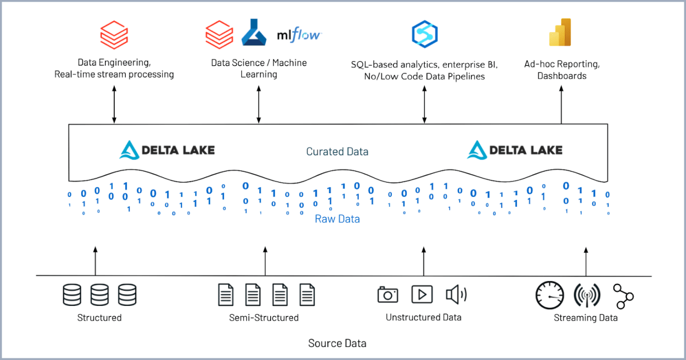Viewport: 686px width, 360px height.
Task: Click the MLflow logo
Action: click(x=299, y=36)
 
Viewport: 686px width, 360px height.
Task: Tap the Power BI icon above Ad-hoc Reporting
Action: click(x=560, y=32)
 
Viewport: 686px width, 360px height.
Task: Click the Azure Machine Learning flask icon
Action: click(x=254, y=33)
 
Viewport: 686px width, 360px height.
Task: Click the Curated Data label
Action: click(x=337, y=152)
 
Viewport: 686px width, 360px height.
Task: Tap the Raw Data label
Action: click(x=337, y=219)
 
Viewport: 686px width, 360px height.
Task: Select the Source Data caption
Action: click(x=337, y=344)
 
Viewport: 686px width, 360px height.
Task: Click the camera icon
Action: click(x=388, y=294)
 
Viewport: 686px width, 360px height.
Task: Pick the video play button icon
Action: click(x=422, y=294)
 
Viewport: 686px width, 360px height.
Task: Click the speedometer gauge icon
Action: click(x=549, y=295)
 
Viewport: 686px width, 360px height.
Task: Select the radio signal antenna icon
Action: click(x=586, y=295)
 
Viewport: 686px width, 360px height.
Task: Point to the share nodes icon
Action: click(x=624, y=296)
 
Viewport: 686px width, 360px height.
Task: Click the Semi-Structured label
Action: click(x=264, y=317)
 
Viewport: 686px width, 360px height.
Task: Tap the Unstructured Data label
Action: click(x=424, y=317)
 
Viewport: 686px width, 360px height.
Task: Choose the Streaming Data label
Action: click(x=586, y=317)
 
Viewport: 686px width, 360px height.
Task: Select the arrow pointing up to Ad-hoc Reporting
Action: click(x=561, y=105)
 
